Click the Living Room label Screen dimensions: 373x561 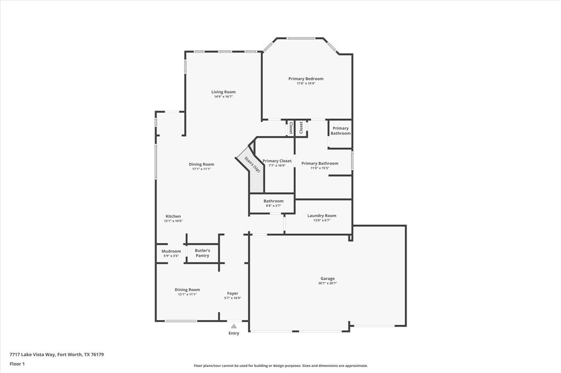tap(224, 92)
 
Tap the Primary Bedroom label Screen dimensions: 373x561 tap(306, 79)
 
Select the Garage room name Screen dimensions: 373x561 tap(328, 278)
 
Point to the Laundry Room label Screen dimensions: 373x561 tap(322, 215)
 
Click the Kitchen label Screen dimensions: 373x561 tap(173, 216)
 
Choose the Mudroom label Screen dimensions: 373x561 tap(171, 251)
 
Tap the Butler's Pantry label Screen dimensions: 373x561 tap(202, 253)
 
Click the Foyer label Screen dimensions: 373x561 tap(232, 293)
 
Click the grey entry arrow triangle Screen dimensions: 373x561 tap(234, 327)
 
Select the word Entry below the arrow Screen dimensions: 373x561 tap(234, 333)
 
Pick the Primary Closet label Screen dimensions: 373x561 tap(277, 161)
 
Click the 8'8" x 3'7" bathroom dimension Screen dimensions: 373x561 tap(273, 206)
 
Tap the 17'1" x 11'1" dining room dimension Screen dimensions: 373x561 tap(202, 169)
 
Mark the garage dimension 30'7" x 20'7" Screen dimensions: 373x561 tap(328, 283)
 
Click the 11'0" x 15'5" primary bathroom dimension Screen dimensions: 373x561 tap(320, 168)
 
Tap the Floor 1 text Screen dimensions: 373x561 tap(17, 364)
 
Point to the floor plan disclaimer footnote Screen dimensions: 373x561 tap(280, 366)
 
